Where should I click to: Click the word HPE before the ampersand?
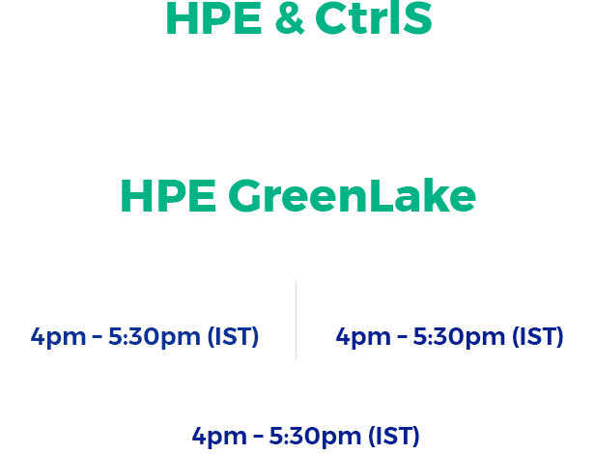[x=213, y=18]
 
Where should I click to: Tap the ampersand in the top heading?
[x=290, y=18]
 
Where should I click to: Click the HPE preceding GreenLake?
[x=169, y=196]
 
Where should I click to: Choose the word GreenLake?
[x=352, y=195]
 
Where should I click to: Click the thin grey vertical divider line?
[x=296, y=320]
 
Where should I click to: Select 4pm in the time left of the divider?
[x=58, y=337]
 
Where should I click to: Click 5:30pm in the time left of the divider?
[x=155, y=337]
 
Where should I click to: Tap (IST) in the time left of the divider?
[x=233, y=336]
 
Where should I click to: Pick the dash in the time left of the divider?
[x=98, y=337]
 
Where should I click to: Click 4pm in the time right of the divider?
[x=363, y=337]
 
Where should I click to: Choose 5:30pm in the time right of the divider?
[x=459, y=337]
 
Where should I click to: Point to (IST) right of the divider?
[x=538, y=336]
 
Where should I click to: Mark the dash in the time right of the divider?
[x=402, y=337]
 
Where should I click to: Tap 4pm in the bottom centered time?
[x=219, y=437]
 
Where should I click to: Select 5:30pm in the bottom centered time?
[x=315, y=437]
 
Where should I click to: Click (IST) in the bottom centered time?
[x=394, y=436]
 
